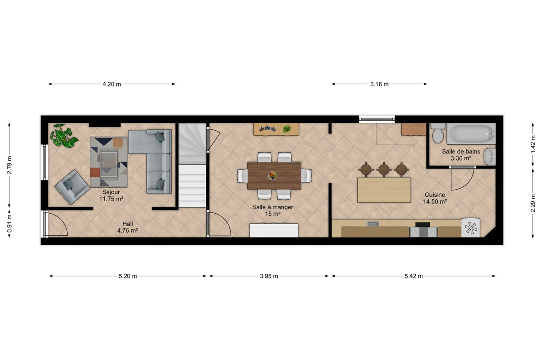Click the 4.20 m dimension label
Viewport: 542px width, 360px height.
pos(112,84)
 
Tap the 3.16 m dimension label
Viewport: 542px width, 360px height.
pos(379,84)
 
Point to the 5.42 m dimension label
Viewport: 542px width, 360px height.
pos(414,276)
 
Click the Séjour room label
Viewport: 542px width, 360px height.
pos(111,192)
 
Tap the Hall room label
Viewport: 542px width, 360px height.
pos(127,224)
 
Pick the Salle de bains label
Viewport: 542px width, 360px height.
pos(461,152)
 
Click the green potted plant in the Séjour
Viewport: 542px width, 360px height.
pos(64,135)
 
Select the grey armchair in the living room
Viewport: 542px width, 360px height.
pos(72,187)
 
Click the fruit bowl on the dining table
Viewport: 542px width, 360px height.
pos(272,175)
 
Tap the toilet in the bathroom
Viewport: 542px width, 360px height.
pos(438,133)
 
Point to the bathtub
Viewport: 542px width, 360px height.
pos(471,134)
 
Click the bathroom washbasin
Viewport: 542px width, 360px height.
pos(489,157)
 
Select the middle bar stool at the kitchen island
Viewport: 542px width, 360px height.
pos(384,169)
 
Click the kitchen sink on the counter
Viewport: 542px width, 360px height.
pos(372,224)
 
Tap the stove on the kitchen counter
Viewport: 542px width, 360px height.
pos(422,225)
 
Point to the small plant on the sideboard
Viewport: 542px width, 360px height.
pos(287,129)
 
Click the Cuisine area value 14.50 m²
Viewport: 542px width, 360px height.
pos(435,201)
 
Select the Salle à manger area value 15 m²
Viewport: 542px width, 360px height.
pos(273,214)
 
